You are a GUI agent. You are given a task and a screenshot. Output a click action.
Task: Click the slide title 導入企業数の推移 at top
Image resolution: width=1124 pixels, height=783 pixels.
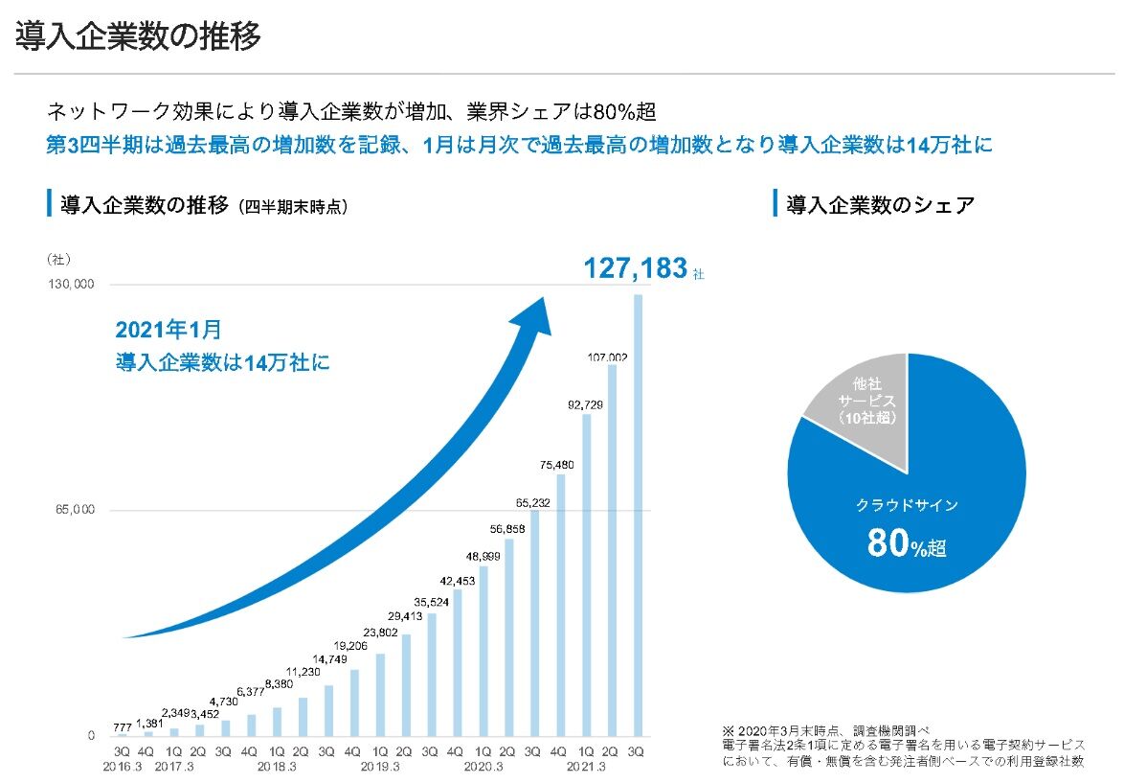point(138,36)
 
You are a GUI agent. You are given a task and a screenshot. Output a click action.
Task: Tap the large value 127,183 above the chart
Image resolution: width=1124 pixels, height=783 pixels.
point(636,268)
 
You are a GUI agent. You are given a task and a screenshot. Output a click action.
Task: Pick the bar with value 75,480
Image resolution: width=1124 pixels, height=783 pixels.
point(561,604)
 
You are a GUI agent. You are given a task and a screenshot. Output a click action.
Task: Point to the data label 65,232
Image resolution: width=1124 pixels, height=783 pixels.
point(533,502)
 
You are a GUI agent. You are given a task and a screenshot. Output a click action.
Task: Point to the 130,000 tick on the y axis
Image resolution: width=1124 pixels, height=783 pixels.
point(71,285)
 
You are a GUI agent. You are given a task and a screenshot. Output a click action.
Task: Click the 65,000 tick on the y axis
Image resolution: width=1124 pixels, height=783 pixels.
point(74,510)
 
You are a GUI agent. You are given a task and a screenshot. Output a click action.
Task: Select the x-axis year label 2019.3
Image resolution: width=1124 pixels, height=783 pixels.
point(379,768)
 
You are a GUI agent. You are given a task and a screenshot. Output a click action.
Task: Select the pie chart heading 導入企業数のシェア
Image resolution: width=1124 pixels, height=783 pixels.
point(880,203)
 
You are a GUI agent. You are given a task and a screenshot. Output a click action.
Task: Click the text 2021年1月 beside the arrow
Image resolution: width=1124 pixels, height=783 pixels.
point(169,331)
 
